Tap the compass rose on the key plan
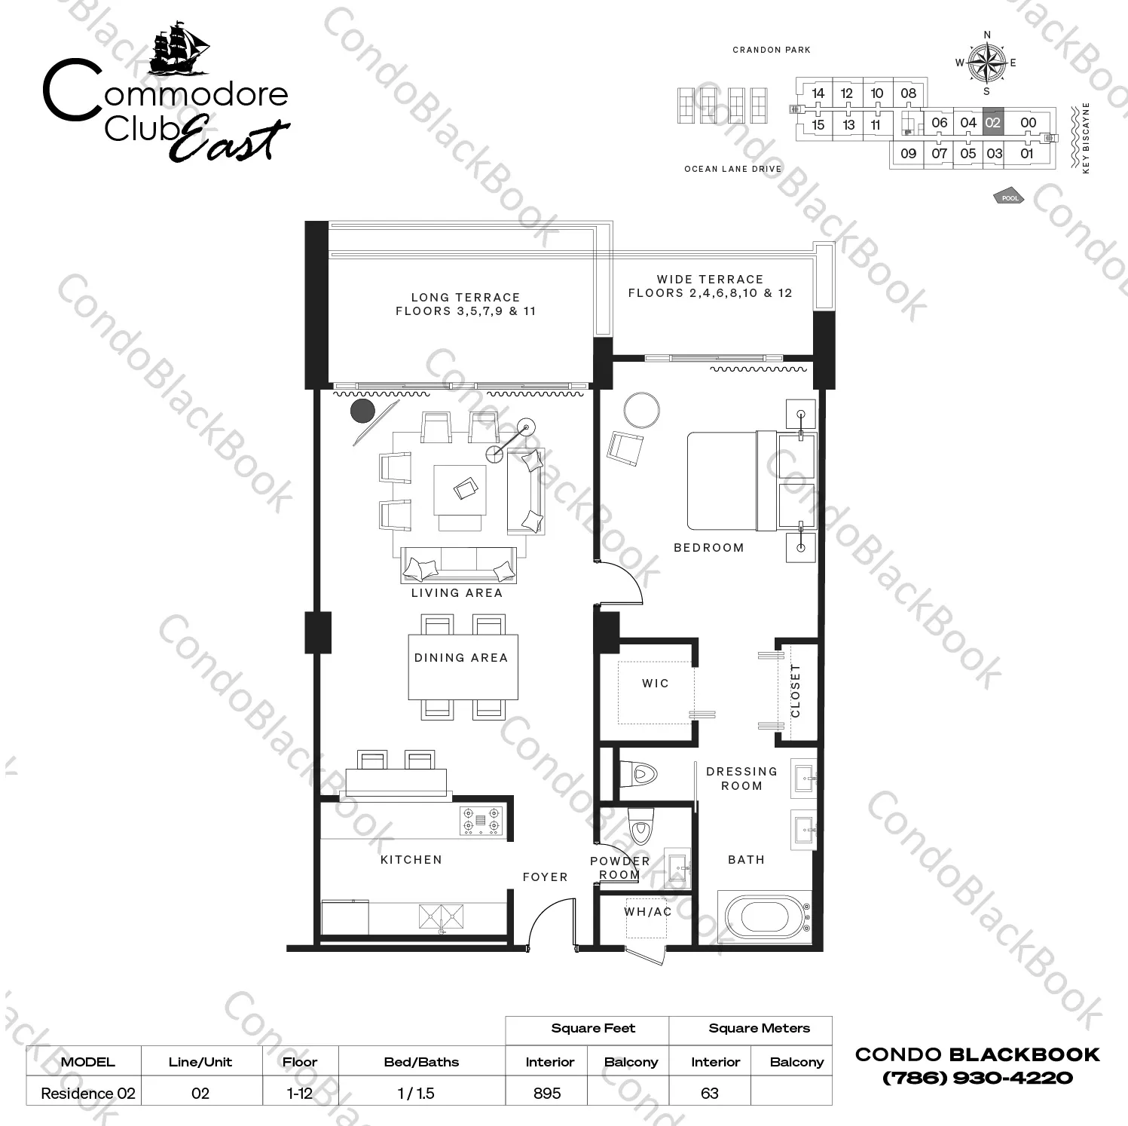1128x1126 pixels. [x=987, y=63]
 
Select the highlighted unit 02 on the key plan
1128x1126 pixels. [x=993, y=122]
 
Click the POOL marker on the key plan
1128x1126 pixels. [x=1010, y=197]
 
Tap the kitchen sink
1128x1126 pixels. [x=442, y=916]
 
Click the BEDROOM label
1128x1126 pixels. [x=709, y=548]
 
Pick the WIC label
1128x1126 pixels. [x=656, y=684]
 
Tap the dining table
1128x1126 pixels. [x=463, y=666]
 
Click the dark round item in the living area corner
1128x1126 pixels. [x=363, y=412]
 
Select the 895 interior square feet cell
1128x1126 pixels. [x=547, y=1093]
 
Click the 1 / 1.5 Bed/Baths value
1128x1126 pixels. [x=416, y=1093]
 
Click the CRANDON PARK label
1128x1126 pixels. [x=772, y=50]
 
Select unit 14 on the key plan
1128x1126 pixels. [x=818, y=93]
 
